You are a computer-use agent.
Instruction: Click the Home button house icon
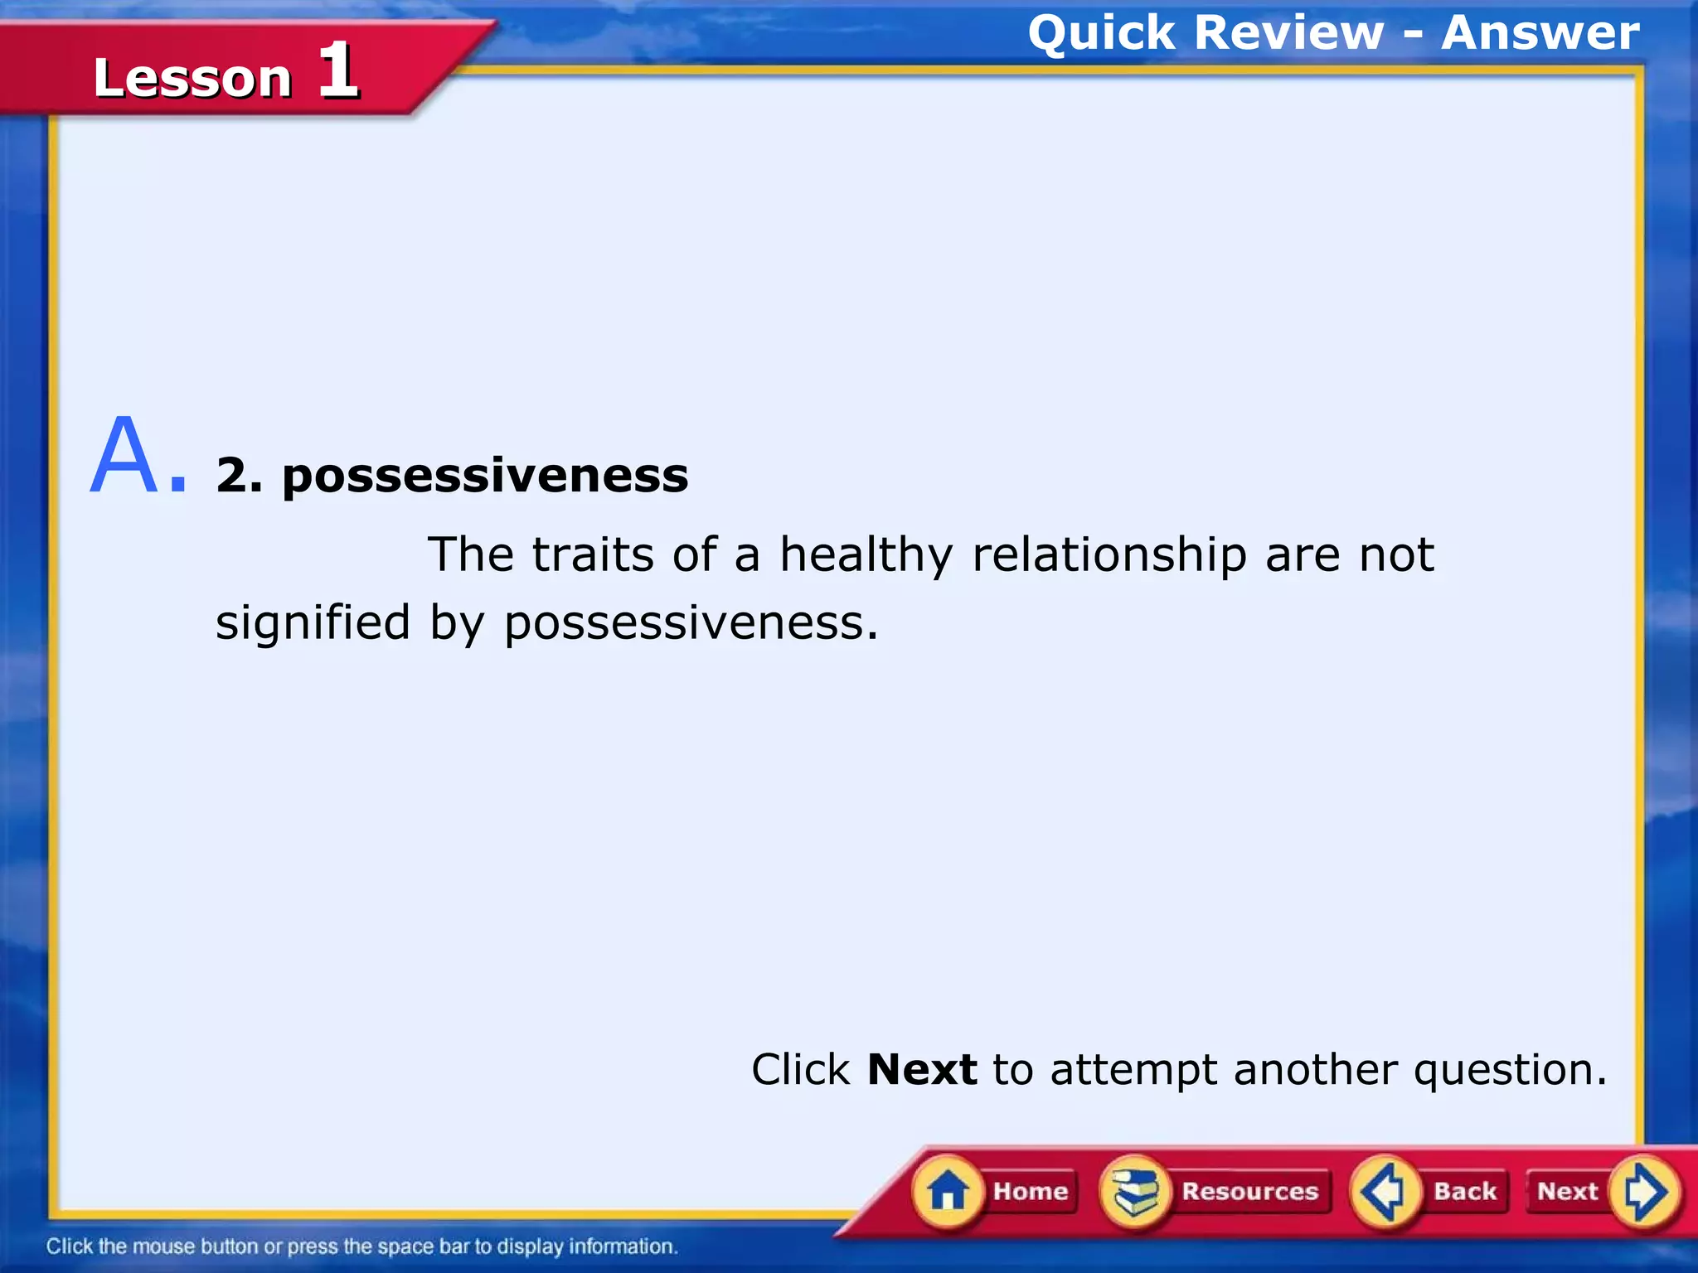[x=947, y=1192]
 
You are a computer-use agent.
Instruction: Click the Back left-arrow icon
[x=1384, y=1192]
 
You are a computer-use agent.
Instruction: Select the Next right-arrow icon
[x=1645, y=1192]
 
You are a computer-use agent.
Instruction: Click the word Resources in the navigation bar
[x=1249, y=1191]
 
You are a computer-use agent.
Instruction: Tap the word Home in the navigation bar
[x=1031, y=1191]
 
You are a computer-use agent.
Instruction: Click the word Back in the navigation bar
[x=1465, y=1191]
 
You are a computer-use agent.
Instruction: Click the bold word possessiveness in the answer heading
[x=485, y=477]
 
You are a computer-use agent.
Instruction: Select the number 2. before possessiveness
[x=239, y=475]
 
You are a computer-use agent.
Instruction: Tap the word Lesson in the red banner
[x=192, y=78]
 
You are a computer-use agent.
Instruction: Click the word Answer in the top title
[x=1540, y=33]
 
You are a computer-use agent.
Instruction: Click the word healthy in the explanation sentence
[x=866, y=555]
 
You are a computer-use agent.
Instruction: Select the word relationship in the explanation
[x=1109, y=555]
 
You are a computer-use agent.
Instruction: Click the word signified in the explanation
[x=313, y=623]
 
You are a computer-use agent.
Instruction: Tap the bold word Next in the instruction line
[x=921, y=1069]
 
